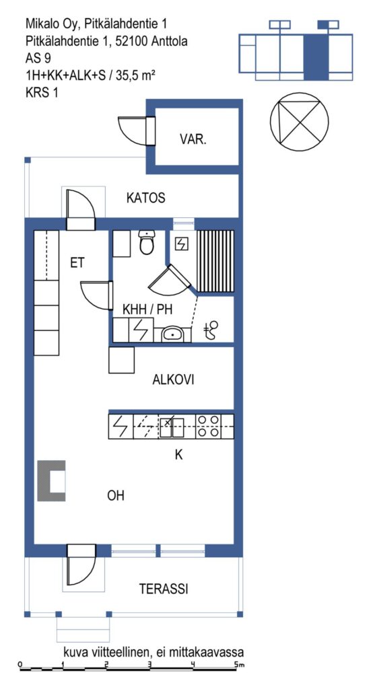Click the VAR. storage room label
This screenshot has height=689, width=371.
[193, 140]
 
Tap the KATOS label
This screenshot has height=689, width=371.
[146, 198]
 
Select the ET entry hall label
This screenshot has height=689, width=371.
[77, 263]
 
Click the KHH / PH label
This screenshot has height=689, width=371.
[147, 310]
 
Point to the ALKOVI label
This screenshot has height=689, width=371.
[173, 379]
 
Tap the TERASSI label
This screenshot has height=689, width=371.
[164, 589]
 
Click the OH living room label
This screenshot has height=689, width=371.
[116, 496]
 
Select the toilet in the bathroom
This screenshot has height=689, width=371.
[146, 242]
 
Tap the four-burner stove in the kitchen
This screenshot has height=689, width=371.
[208, 426]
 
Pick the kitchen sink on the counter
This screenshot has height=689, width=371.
[172, 427]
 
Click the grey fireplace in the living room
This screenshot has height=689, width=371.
[51, 480]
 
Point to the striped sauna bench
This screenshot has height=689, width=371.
[215, 261]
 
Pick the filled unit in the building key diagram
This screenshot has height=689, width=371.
[316, 57]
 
